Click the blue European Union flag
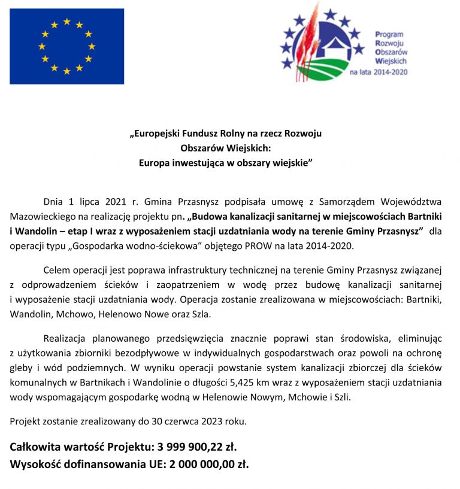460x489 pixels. (x=66, y=46)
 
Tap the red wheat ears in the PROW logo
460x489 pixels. (x=305, y=42)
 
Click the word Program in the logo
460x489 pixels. (x=389, y=35)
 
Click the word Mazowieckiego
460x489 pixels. (x=39, y=215)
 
